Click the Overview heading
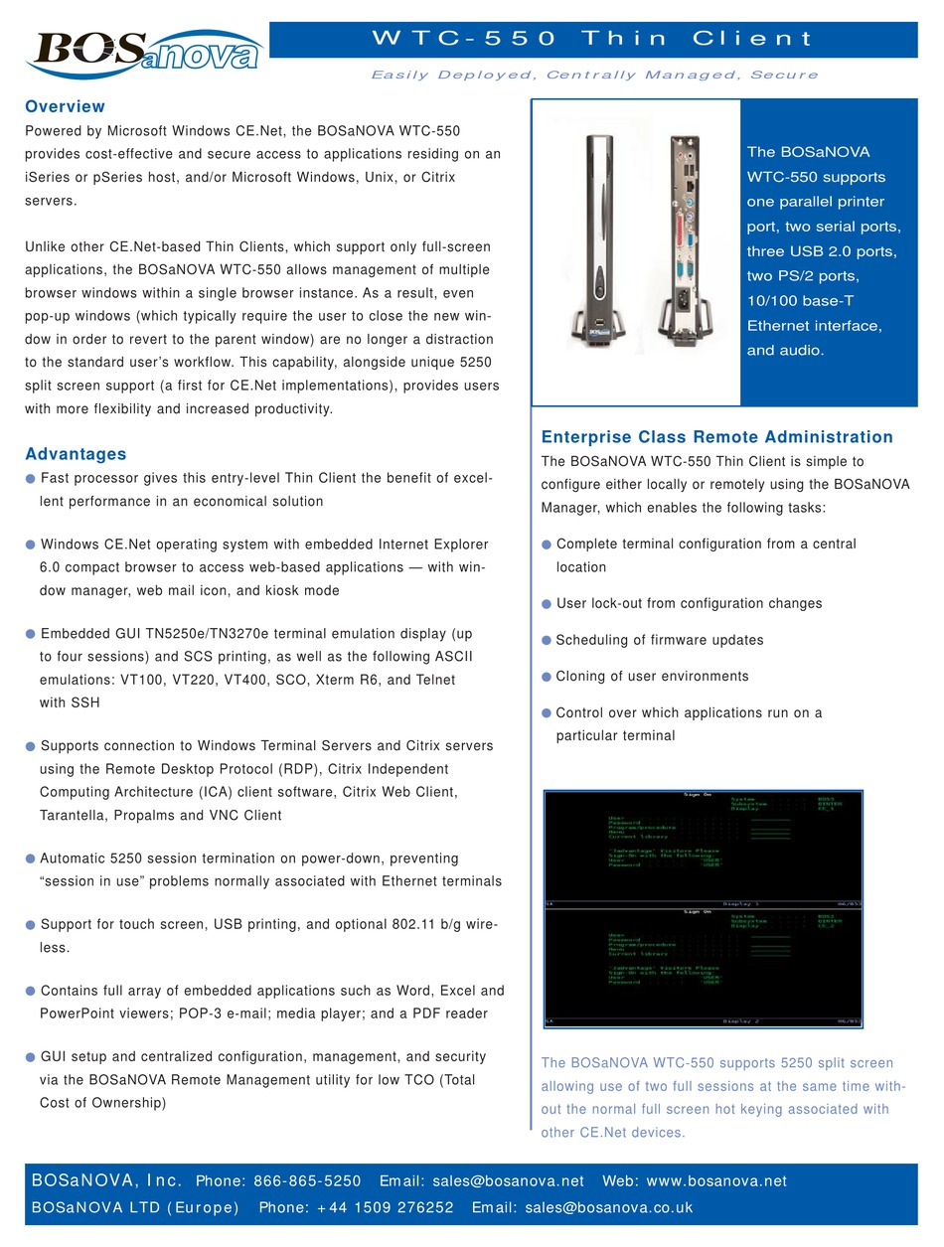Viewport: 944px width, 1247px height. pyautogui.click(x=65, y=106)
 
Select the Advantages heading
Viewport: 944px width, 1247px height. pyautogui.click(x=76, y=454)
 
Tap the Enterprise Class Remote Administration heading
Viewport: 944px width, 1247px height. pyautogui.click(x=716, y=437)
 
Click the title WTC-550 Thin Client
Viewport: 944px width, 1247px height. pyautogui.click(x=592, y=39)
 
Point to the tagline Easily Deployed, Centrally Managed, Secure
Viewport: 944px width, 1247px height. pyautogui.click(x=594, y=75)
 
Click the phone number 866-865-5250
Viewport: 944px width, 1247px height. pyautogui.click(x=307, y=1181)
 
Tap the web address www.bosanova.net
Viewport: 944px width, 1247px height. pyautogui.click(x=716, y=1181)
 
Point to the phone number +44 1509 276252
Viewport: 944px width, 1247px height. pyautogui.click(x=356, y=1208)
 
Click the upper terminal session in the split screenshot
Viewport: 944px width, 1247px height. pyautogui.click(x=704, y=850)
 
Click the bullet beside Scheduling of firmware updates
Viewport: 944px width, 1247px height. pyautogui.click(x=547, y=640)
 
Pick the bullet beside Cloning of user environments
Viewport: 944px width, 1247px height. pyautogui.click(x=547, y=677)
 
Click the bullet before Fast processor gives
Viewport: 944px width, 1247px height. pyautogui.click(x=31, y=479)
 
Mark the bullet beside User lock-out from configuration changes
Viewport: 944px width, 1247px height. pyautogui.click(x=547, y=604)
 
